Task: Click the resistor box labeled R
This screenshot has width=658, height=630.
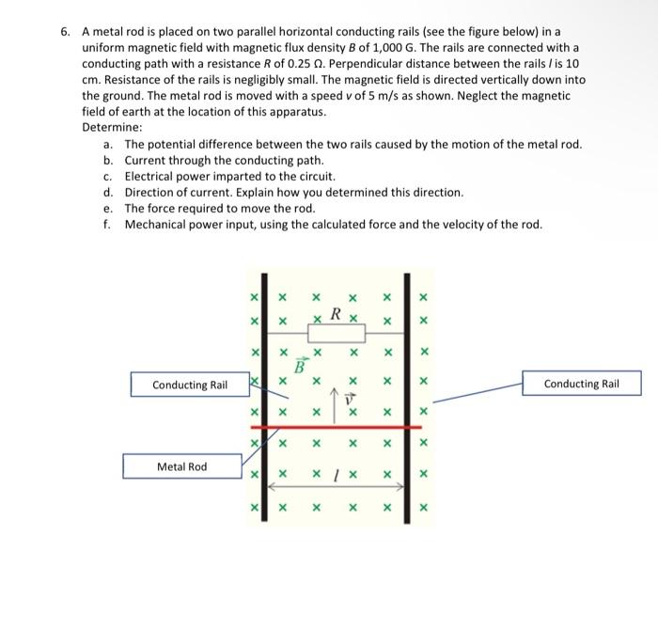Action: point(336,334)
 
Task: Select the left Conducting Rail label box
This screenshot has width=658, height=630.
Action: point(191,385)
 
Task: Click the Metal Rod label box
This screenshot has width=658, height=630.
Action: point(181,466)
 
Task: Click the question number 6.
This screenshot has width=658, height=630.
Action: point(66,31)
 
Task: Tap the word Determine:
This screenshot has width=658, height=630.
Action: point(112,127)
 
